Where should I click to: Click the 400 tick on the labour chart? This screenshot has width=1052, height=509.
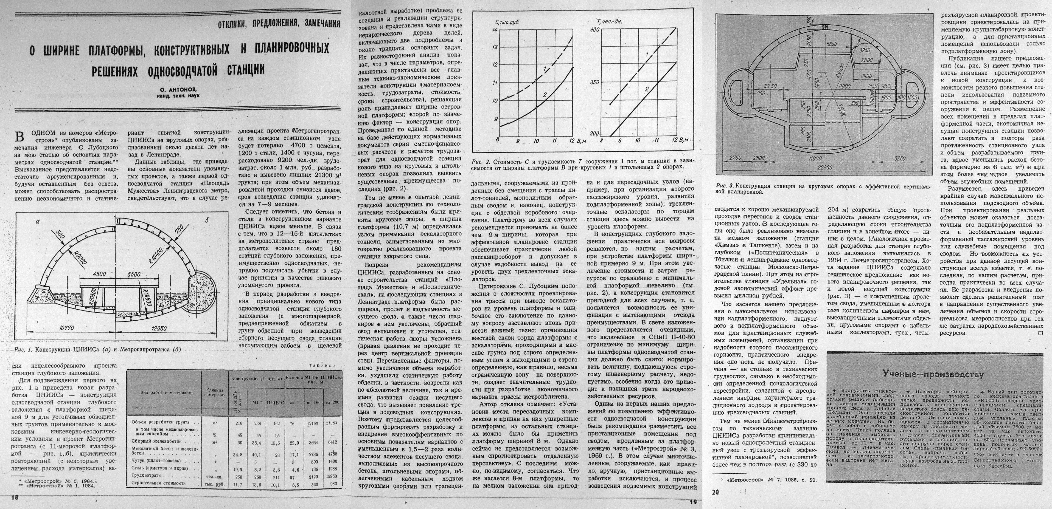[x=594, y=30]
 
